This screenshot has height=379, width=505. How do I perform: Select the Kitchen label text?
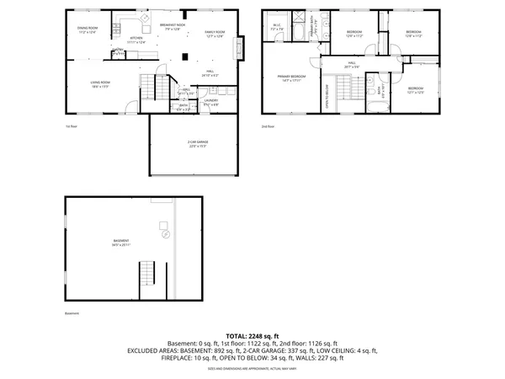click(136, 40)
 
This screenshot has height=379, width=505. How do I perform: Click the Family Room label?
click(215, 35)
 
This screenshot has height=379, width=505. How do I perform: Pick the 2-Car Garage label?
click(197, 144)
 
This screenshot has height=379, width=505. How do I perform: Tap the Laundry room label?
click(211, 103)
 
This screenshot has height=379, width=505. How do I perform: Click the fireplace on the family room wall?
click(242, 47)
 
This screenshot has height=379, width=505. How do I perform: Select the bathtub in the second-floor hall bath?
click(375, 105)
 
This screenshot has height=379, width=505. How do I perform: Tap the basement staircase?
click(148, 274)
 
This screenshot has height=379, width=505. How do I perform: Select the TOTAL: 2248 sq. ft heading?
click(252, 336)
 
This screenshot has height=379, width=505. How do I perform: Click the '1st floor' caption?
click(72, 126)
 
